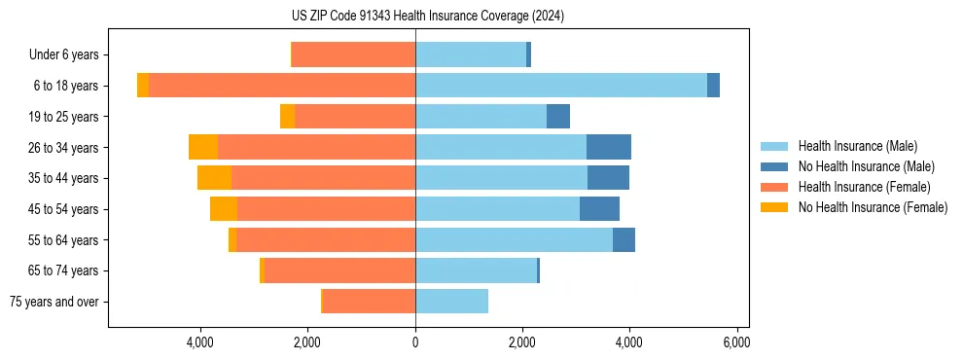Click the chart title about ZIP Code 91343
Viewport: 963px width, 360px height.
[427, 17]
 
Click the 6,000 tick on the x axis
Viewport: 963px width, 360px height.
[736, 342]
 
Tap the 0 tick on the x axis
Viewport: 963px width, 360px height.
[415, 342]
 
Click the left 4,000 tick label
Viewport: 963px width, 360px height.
[200, 342]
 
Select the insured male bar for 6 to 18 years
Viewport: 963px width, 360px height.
[560, 86]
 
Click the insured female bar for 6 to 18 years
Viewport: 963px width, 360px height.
[282, 86]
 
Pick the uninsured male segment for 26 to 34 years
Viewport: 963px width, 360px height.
[609, 147]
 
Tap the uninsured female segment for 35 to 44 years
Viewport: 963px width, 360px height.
[214, 178]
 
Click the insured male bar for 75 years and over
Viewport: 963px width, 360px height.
[451, 302]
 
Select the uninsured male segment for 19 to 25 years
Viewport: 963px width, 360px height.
[558, 117]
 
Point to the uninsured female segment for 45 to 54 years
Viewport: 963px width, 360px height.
[224, 209]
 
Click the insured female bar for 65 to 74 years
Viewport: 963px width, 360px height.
[339, 270]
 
